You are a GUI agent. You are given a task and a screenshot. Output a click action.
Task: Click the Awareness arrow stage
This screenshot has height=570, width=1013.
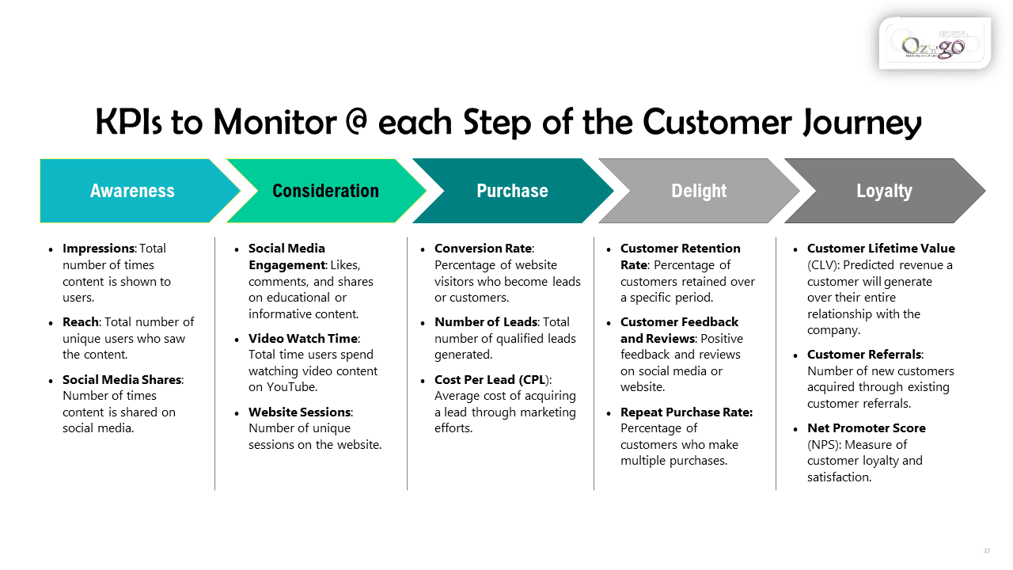[132, 191]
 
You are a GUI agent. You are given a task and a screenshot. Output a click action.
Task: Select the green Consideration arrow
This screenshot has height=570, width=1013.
[325, 191]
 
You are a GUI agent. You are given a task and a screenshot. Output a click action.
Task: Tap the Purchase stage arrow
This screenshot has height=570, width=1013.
[512, 191]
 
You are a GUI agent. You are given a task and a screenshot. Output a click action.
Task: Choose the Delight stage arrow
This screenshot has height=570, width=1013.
[699, 191]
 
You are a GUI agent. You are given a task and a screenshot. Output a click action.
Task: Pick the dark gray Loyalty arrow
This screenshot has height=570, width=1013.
[884, 191]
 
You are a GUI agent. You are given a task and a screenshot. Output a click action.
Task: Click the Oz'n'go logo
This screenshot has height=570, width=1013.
[934, 44]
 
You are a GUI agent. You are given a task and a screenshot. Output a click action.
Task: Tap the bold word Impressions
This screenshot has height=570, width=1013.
[98, 249]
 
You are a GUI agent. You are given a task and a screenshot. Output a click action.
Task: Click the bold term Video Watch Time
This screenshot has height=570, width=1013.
[303, 339]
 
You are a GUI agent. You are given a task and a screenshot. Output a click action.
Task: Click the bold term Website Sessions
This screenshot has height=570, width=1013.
[300, 412]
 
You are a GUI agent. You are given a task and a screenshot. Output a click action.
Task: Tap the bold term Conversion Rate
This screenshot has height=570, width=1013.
[484, 249]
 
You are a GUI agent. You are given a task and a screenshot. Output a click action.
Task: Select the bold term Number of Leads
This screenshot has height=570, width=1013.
[485, 322]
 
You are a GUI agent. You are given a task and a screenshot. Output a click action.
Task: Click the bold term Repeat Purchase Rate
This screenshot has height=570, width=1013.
[686, 412]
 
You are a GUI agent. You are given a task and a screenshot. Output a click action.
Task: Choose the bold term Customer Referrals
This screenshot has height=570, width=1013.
[864, 355]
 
